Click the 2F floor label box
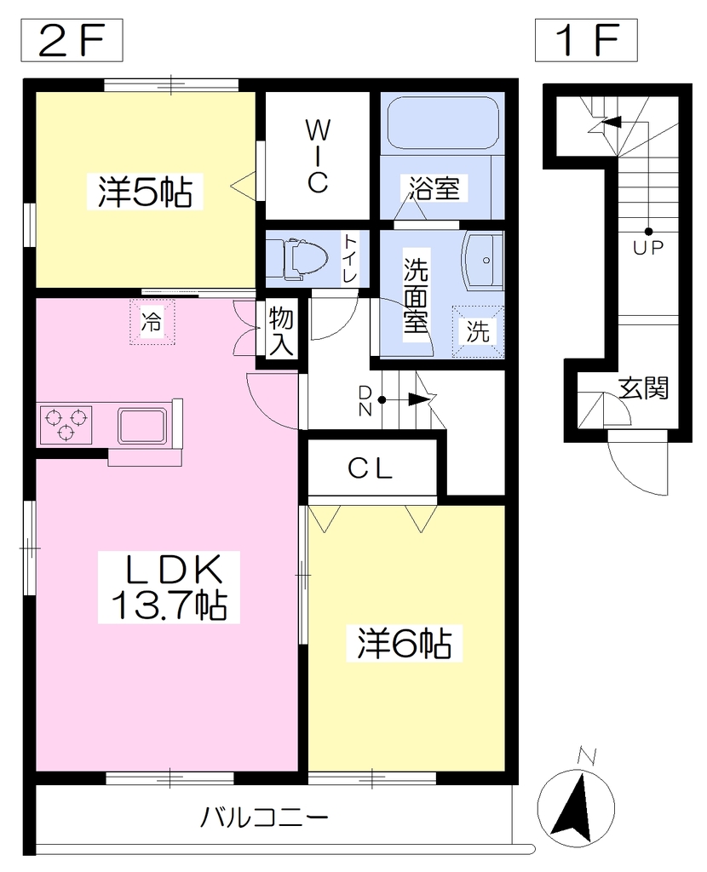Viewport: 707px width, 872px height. [x=72, y=40]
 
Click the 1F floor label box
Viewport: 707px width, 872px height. [x=586, y=40]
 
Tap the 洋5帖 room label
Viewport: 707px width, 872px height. [x=145, y=192]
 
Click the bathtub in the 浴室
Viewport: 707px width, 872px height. [x=442, y=123]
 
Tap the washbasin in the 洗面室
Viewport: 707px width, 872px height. [x=483, y=261]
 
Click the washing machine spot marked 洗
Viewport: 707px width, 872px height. [x=478, y=331]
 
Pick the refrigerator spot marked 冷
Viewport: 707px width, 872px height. [x=152, y=322]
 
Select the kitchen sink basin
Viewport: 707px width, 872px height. [x=142, y=426]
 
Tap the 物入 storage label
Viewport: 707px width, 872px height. [x=281, y=332]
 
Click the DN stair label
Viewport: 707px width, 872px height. [x=365, y=401]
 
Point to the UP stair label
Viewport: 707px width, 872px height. [x=648, y=248]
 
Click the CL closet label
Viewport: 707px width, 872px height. [x=371, y=469]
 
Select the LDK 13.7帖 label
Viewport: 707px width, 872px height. [x=169, y=588]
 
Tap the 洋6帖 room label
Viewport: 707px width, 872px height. [x=405, y=644]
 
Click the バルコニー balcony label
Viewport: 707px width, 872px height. [x=264, y=817]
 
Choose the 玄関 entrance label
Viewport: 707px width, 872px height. [x=644, y=387]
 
